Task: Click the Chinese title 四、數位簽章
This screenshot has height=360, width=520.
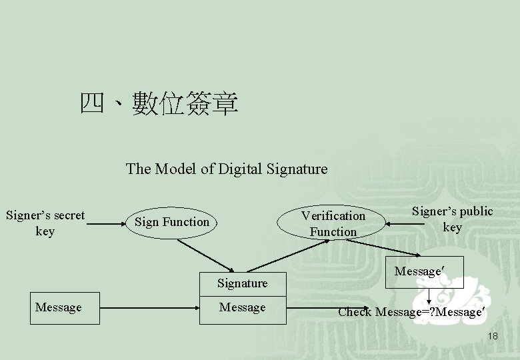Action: (x=159, y=103)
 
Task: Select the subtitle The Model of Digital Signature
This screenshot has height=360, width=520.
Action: (x=227, y=169)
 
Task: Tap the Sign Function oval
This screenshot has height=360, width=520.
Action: (x=172, y=221)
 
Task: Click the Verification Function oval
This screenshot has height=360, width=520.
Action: (x=333, y=223)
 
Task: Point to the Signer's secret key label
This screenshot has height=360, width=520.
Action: (x=45, y=223)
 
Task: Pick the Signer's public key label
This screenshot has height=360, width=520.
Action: (x=452, y=219)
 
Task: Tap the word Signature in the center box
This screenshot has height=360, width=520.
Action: (x=242, y=283)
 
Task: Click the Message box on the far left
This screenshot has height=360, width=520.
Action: (x=59, y=307)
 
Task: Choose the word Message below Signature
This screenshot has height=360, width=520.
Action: (x=242, y=307)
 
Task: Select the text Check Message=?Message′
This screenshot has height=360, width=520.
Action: (x=409, y=311)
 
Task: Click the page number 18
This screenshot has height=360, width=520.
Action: (x=492, y=336)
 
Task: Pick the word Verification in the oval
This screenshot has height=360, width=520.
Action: (x=333, y=215)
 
